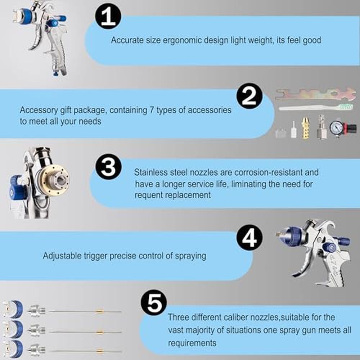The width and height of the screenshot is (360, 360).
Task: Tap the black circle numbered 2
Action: [249, 96]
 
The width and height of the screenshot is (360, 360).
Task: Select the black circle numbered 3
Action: [108, 167]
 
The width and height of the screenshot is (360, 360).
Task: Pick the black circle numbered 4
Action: [249, 238]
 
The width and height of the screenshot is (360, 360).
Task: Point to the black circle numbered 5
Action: [154, 302]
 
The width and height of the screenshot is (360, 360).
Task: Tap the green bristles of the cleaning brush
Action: [346, 106]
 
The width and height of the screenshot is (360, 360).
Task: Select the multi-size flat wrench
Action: [315, 94]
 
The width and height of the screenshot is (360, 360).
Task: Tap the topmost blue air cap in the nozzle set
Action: [13, 309]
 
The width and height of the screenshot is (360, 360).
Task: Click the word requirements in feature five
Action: [192, 343]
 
